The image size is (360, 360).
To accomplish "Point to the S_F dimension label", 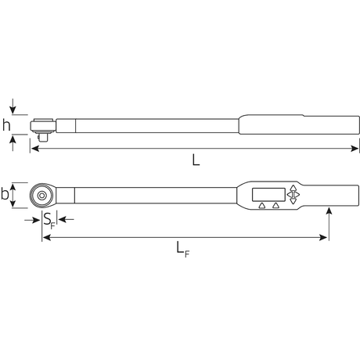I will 49,220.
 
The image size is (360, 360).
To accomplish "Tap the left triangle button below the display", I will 261,208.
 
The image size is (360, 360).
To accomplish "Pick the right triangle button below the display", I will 275,208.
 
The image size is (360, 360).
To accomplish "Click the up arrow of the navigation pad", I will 293,188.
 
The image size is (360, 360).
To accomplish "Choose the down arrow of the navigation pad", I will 293,203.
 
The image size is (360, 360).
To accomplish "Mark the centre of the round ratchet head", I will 41,195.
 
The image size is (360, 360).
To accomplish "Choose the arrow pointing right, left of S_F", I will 35,220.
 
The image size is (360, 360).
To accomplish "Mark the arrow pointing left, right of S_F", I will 63,220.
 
